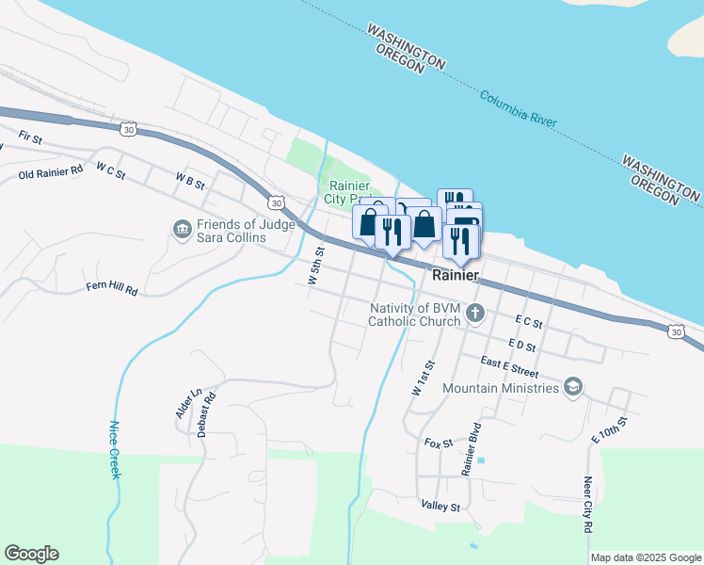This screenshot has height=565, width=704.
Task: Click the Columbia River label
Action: [x=519, y=109]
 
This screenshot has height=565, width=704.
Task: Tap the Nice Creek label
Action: [x=115, y=449]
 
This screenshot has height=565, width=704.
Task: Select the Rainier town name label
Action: [x=456, y=276]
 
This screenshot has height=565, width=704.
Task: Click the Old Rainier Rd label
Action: [x=51, y=174]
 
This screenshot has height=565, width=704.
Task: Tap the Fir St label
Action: [x=31, y=139]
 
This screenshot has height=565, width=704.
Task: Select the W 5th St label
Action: [x=315, y=266]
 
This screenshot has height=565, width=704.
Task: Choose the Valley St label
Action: [x=440, y=506]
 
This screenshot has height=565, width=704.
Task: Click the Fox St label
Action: [x=439, y=443]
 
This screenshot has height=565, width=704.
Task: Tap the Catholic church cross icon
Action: [x=475, y=315]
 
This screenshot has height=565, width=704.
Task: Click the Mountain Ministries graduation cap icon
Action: [x=572, y=387]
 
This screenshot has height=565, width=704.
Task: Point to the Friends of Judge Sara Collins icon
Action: [x=180, y=228]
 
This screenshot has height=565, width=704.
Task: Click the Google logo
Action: [x=31, y=554]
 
